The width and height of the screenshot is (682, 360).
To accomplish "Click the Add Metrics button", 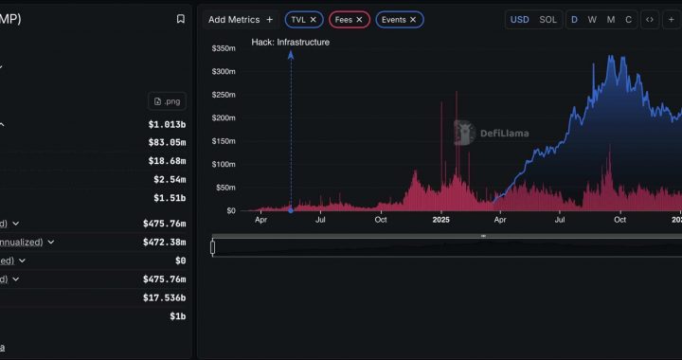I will tap(241, 19).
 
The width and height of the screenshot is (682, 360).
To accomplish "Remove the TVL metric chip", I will tap(314, 19).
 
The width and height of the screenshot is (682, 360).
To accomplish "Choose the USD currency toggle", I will tap(520, 19).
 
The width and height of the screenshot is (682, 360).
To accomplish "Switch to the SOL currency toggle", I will tap(548, 19).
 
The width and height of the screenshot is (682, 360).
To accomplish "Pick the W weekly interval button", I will tap(592, 19).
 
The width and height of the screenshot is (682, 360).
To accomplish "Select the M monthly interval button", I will tap(611, 19).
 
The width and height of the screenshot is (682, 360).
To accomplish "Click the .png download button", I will tap(168, 101).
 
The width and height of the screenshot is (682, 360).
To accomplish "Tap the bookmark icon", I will tap(181, 19).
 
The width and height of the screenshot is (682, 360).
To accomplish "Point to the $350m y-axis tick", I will tap(224, 48).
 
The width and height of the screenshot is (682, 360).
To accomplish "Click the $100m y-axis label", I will tap(224, 164).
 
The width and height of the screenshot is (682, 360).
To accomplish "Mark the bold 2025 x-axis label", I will tap(440, 220).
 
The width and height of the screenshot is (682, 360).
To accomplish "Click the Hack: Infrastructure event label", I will tap(291, 42).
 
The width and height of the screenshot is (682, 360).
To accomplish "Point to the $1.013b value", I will tap(167, 124).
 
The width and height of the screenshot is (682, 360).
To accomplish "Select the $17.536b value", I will tap(165, 297).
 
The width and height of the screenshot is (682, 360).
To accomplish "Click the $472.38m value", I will tap(164, 242).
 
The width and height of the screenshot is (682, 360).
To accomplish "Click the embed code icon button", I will tap(650, 19).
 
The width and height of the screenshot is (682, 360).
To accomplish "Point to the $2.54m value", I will tap(170, 179).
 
